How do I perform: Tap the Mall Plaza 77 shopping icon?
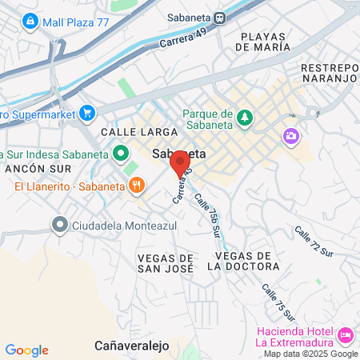(x=30, y=19)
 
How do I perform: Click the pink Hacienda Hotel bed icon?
(x=346, y=334)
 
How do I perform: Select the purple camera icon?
(x=290, y=137)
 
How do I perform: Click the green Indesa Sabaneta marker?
(x=120, y=152)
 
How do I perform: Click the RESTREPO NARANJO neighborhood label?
(x=328, y=74)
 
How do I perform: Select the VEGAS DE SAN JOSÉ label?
(x=166, y=263)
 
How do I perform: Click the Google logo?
(x=26, y=350)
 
